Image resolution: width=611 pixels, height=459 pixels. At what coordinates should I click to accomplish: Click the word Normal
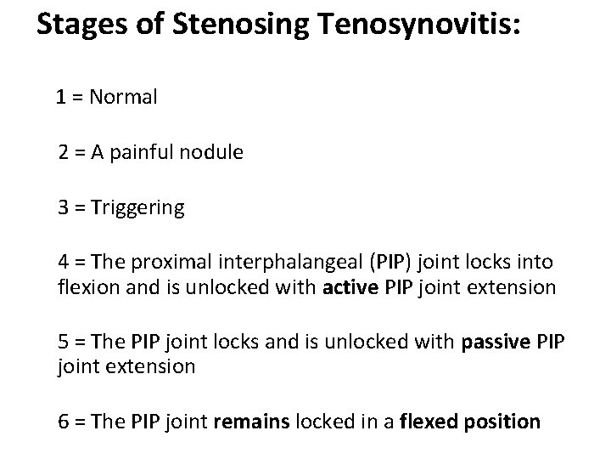pos(122,97)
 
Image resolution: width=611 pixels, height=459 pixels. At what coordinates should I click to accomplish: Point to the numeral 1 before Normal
pos(62,97)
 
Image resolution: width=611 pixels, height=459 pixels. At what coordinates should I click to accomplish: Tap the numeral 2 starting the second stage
pos(64,153)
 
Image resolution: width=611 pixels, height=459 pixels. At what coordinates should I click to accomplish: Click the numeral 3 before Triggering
pos(64,208)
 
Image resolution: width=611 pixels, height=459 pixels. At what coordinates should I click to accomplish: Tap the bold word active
pos(350,286)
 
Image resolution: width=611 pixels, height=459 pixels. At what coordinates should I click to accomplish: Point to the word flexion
pos(91,286)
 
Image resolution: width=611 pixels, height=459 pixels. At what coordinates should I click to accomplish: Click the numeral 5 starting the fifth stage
pos(64,343)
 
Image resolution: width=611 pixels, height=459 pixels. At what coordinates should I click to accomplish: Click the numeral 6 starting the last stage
pos(64,421)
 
